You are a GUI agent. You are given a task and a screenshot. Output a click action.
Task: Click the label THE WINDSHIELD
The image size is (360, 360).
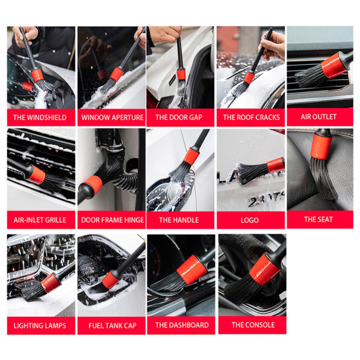coord(40,118)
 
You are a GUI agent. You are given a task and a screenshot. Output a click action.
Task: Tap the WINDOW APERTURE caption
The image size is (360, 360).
coord(112,118)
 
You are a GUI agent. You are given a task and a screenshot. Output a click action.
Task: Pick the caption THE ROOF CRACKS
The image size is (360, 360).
coord(251,118)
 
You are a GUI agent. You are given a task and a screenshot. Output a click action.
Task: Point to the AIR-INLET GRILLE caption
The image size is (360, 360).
coord(40,220)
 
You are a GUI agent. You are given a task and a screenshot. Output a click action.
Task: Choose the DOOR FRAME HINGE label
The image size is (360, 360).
coord(112,220)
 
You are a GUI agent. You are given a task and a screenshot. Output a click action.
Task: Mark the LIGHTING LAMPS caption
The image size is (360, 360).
coord(40,325)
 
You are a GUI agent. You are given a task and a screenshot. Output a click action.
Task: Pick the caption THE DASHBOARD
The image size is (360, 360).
coord(182,325)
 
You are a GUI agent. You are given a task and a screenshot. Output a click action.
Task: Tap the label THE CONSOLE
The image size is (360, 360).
coord(253,325)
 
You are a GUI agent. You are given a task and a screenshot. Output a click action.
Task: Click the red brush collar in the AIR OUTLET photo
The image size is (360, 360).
coord(334,65)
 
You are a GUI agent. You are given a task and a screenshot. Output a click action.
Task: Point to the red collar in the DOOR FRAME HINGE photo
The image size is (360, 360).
coord(92,184)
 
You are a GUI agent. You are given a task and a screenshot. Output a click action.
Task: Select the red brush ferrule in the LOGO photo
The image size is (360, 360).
coord(275,165)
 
